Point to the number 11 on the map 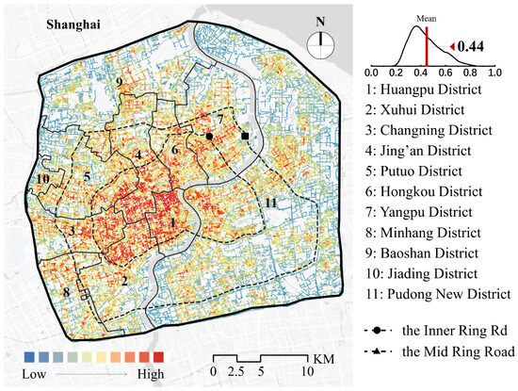pyautogui.click(x=270, y=204)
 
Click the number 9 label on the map pyautogui.click(x=119, y=85)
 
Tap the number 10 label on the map pyautogui.click(x=42, y=178)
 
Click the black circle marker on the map pyautogui.click(x=208, y=136)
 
